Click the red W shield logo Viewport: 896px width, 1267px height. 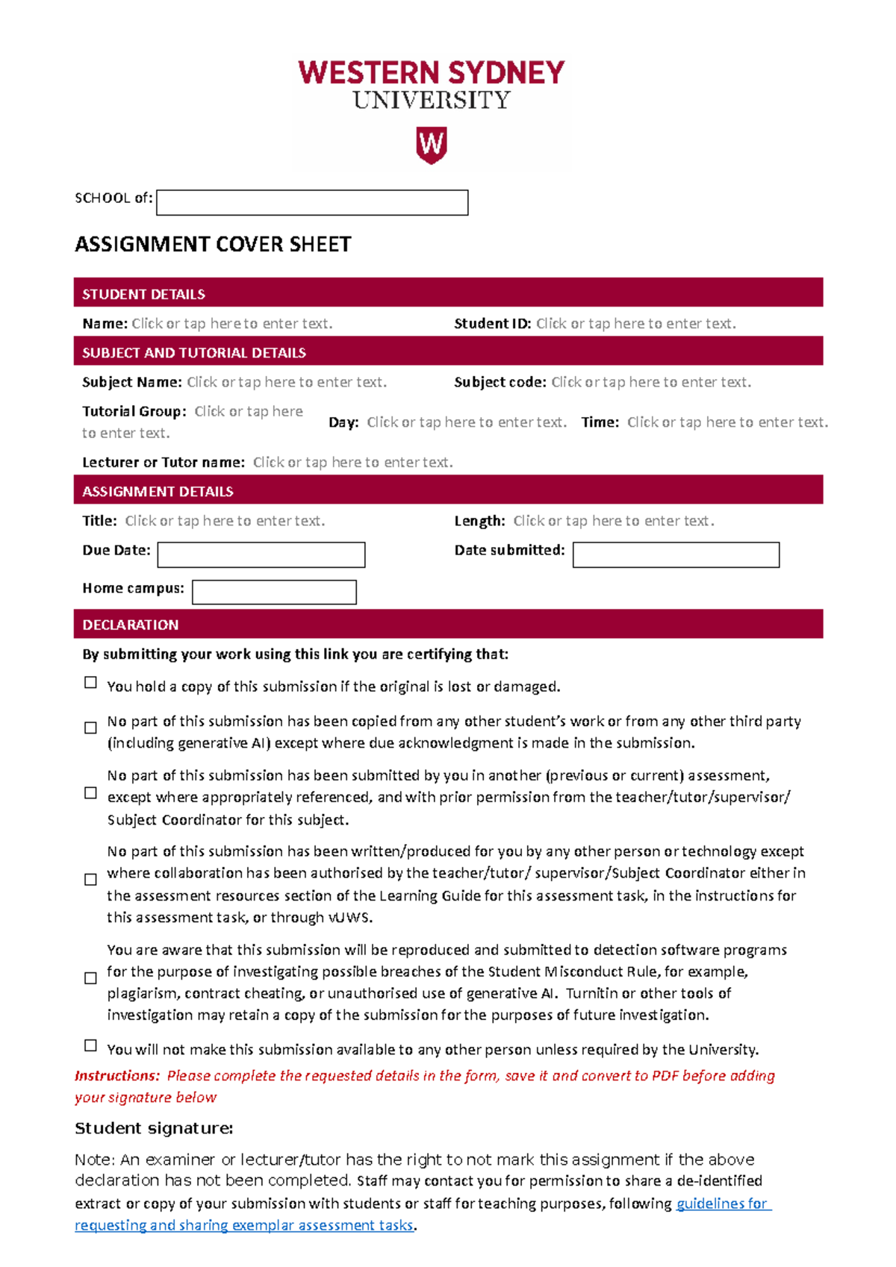(x=431, y=145)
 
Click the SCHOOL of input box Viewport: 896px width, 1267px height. (x=312, y=203)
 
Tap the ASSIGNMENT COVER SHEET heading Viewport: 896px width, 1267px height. (x=213, y=245)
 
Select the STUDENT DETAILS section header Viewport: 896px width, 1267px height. (x=143, y=294)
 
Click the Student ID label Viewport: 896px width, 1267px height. (x=492, y=324)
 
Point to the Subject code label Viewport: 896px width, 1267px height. (x=500, y=382)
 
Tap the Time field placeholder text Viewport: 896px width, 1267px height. (x=727, y=422)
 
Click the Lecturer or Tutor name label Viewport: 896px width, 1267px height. (x=163, y=463)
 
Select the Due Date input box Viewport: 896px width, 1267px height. (x=261, y=555)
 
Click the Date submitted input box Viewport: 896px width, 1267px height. (x=676, y=555)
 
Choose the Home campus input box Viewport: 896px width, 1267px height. (x=274, y=592)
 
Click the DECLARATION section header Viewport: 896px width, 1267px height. (x=131, y=625)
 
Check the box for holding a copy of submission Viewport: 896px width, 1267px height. (x=91, y=683)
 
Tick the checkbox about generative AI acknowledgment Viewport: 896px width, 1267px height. (x=91, y=728)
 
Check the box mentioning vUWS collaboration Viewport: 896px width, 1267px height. (x=91, y=880)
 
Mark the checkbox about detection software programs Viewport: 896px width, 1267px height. (x=91, y=978)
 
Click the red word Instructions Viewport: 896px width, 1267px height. (x=116, y=1076)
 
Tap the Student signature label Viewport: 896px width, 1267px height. (x=154, y=1128)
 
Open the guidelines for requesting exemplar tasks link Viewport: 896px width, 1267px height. (x=722, y=1204)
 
